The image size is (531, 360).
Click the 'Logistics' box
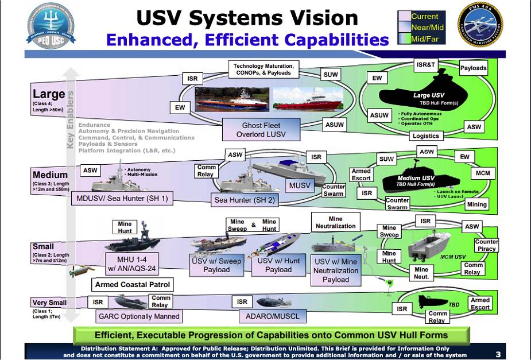[425, 136]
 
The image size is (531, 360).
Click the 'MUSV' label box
[299, 186]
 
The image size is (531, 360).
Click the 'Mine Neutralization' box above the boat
[335, 222]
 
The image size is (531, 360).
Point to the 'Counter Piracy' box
[486, 245]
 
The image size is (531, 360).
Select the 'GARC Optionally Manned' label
[139, 316]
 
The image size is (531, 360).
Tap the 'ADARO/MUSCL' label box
[270, 316]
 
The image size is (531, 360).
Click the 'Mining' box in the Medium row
[476, 204]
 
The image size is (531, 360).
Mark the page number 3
[498, 354]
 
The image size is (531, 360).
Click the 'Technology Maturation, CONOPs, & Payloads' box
[263, 69]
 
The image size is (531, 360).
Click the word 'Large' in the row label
[49, 94]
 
